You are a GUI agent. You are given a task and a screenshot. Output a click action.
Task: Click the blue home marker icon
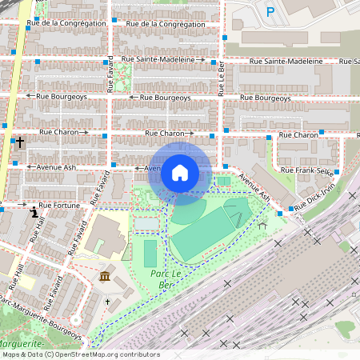tap(180, 171)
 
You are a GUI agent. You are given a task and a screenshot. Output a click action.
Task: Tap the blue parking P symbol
tap(270, 12)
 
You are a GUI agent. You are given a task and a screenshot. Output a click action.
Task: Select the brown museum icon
tap(106, 277)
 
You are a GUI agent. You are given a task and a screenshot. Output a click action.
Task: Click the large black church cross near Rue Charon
tap(19, 142)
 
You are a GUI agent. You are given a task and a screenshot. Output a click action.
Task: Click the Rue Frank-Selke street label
tap(309, 170)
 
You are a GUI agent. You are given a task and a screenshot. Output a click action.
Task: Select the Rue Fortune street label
tap(61, 206)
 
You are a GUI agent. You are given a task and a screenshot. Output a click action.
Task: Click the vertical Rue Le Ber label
tap(221, 80)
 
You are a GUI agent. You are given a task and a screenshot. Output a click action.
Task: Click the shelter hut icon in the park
tap(263, 225)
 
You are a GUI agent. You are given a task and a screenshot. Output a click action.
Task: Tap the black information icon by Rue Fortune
tap(33, 213)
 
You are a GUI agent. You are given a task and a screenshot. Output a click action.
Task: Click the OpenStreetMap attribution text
tap(80, 354)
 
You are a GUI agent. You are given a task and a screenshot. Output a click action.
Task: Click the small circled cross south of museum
tap(107, 302)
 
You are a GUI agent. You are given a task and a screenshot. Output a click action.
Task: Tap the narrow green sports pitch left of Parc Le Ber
tap(150, 254)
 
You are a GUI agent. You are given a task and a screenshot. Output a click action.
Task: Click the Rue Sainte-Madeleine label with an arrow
tap(163, 59)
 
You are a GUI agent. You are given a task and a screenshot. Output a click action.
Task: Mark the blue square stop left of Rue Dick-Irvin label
tap(281, 212)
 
